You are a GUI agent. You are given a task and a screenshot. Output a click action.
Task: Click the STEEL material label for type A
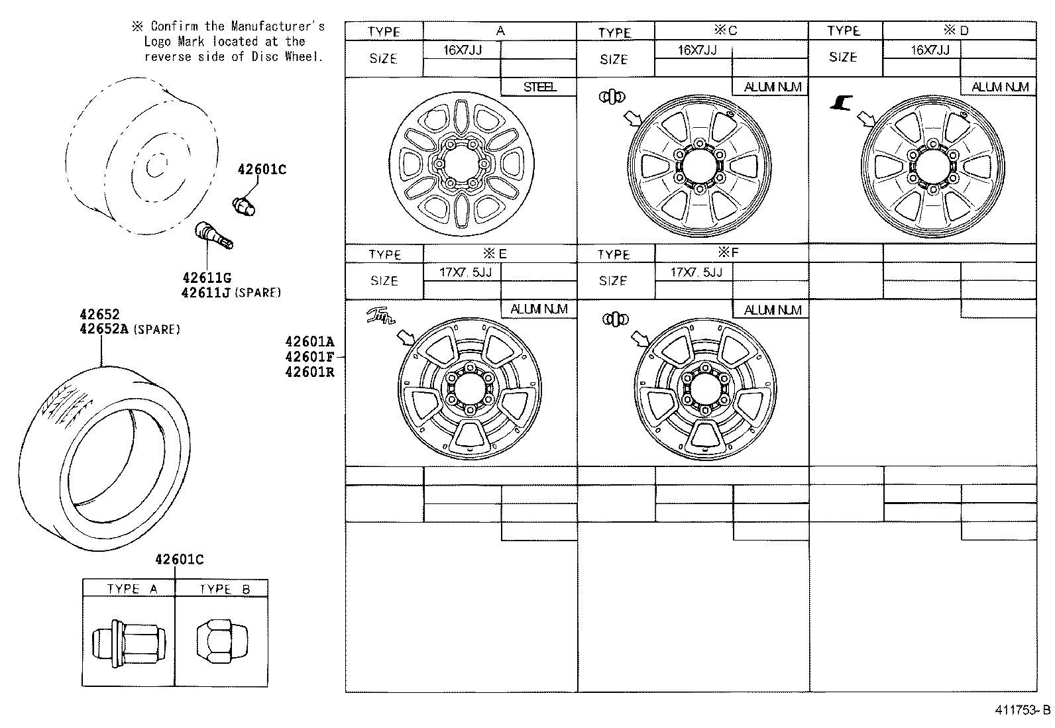[x=539, y=87]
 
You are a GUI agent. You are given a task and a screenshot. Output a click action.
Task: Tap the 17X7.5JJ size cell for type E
[x=461, y=272]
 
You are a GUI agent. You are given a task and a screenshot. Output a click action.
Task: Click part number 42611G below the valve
[x=207, y=278]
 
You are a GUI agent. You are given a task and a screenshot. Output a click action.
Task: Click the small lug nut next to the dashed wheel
[x=245, y=203]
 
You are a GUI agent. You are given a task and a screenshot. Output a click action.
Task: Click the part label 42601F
[x=309, y=357]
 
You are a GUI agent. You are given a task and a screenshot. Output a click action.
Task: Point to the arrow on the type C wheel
[x=633, y=119]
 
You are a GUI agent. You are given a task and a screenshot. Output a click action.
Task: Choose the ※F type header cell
[x=731, y=253]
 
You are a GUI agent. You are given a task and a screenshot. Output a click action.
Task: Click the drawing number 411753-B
[x=1022, y=710]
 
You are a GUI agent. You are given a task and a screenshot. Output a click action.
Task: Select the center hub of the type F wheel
[x=704, y=388]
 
